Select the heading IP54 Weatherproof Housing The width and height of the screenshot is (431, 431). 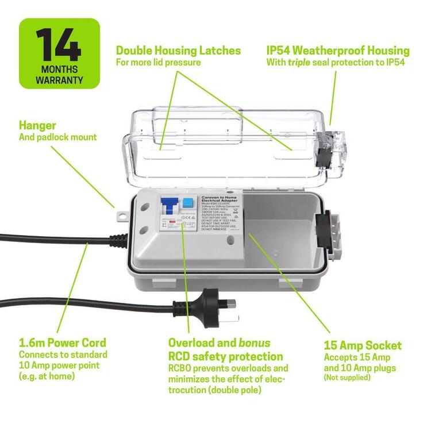point(338,50)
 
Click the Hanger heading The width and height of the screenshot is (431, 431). point(37,125)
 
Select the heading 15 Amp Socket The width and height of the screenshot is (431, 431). point(363,345)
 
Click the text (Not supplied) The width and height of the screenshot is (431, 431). point(347,378)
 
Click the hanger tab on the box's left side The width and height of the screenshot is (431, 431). point(122,214)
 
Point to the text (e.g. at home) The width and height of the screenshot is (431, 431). point(47,376)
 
